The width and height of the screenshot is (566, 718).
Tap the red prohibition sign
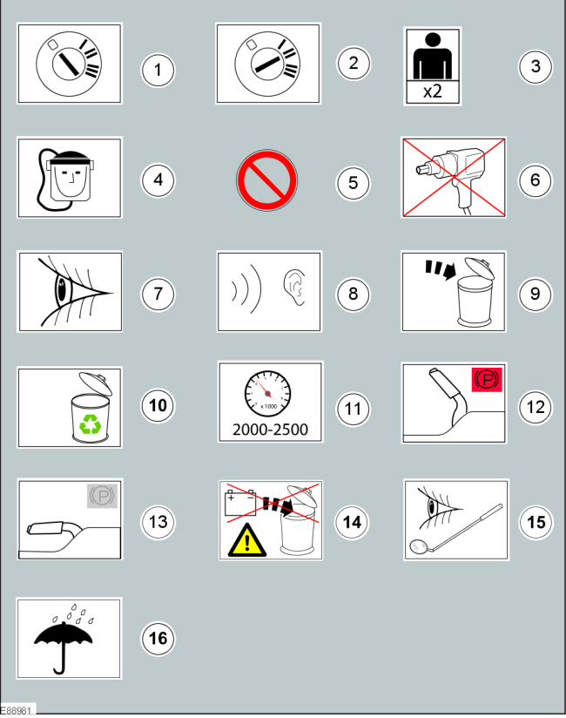tap(267, 182)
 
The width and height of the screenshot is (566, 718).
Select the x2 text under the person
tap(433, 91)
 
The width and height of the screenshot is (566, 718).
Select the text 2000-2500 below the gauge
tap(269, 430)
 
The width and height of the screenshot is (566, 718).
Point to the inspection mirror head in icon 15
tap(419, 548)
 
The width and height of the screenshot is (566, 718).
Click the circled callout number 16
tap(158, 639)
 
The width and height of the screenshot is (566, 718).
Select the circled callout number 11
tap(353, 409)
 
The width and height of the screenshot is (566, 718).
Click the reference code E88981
tap(17, 711)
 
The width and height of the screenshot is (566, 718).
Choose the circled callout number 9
tap(535, 294)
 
